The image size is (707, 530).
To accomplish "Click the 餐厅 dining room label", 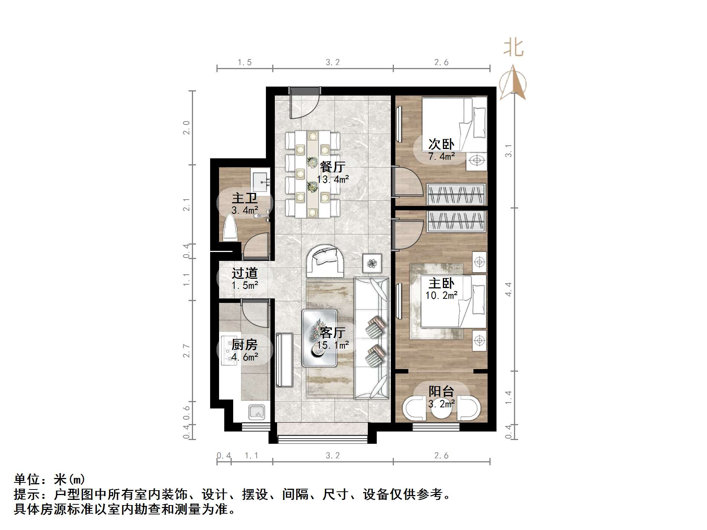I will tap(332, 167).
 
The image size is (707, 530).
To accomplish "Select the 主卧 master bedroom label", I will tap(441, 284).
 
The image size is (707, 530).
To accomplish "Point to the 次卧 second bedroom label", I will tap(441, 144).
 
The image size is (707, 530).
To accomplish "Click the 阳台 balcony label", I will tap(441, 391).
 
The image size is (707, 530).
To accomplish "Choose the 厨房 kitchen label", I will tap(244, 345).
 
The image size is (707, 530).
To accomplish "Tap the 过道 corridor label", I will tap(244, 273).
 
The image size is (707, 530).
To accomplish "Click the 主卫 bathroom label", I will tap(244, 198).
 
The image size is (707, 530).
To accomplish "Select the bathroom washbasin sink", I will tap(260, 182).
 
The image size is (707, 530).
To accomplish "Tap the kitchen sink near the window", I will tap(257, 412).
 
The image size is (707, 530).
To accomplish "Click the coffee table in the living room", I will tap(319, 338).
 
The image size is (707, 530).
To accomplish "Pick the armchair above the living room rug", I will tap(325, 260).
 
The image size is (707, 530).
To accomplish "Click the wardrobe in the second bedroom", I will tap(456, 194).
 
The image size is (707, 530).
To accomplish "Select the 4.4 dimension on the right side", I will tap(508, 289).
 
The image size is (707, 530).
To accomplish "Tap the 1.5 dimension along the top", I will tap(245, 62).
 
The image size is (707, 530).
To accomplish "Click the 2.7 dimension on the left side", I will tap(186, 351).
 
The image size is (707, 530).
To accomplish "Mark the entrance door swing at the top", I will tap(303, 104).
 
